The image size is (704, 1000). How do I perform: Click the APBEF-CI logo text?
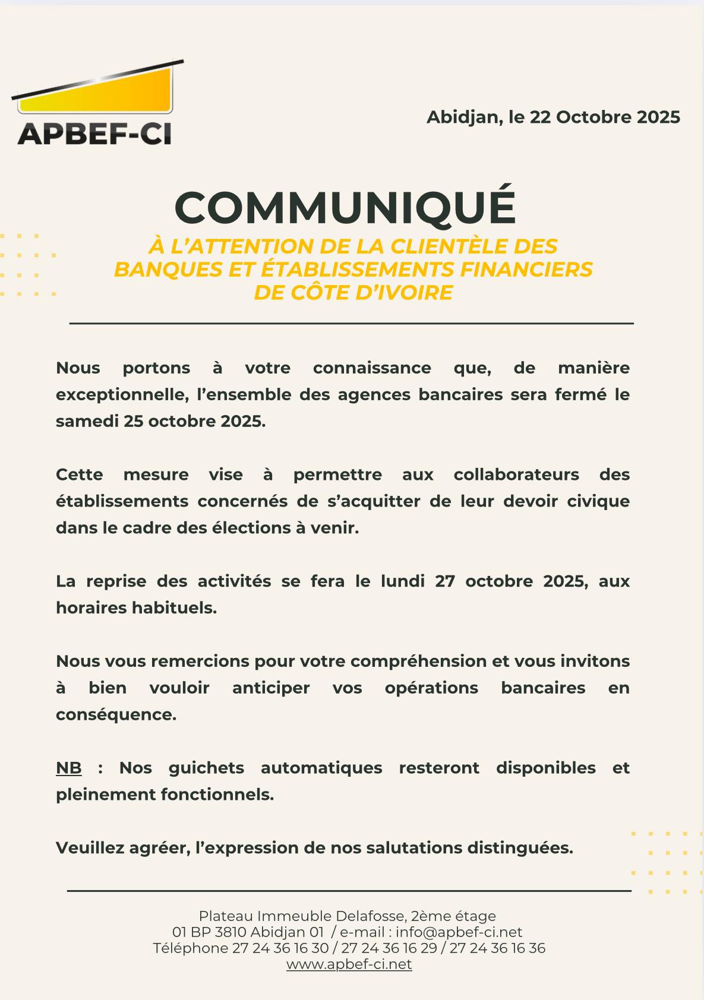[x=94, y=134]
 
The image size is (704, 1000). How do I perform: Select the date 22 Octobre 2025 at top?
[x=605, y=117]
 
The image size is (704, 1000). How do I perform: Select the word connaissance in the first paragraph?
[x=372, y=368]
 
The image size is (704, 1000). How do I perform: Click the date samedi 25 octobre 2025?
[x=160, y=421]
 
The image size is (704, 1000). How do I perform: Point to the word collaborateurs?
[x=516, y=475]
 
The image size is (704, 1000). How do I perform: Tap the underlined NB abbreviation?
[x=69, y=768]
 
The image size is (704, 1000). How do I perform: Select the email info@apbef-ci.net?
[x=459, y=932]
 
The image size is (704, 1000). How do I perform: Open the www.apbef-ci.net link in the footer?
[x=349, y=964]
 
